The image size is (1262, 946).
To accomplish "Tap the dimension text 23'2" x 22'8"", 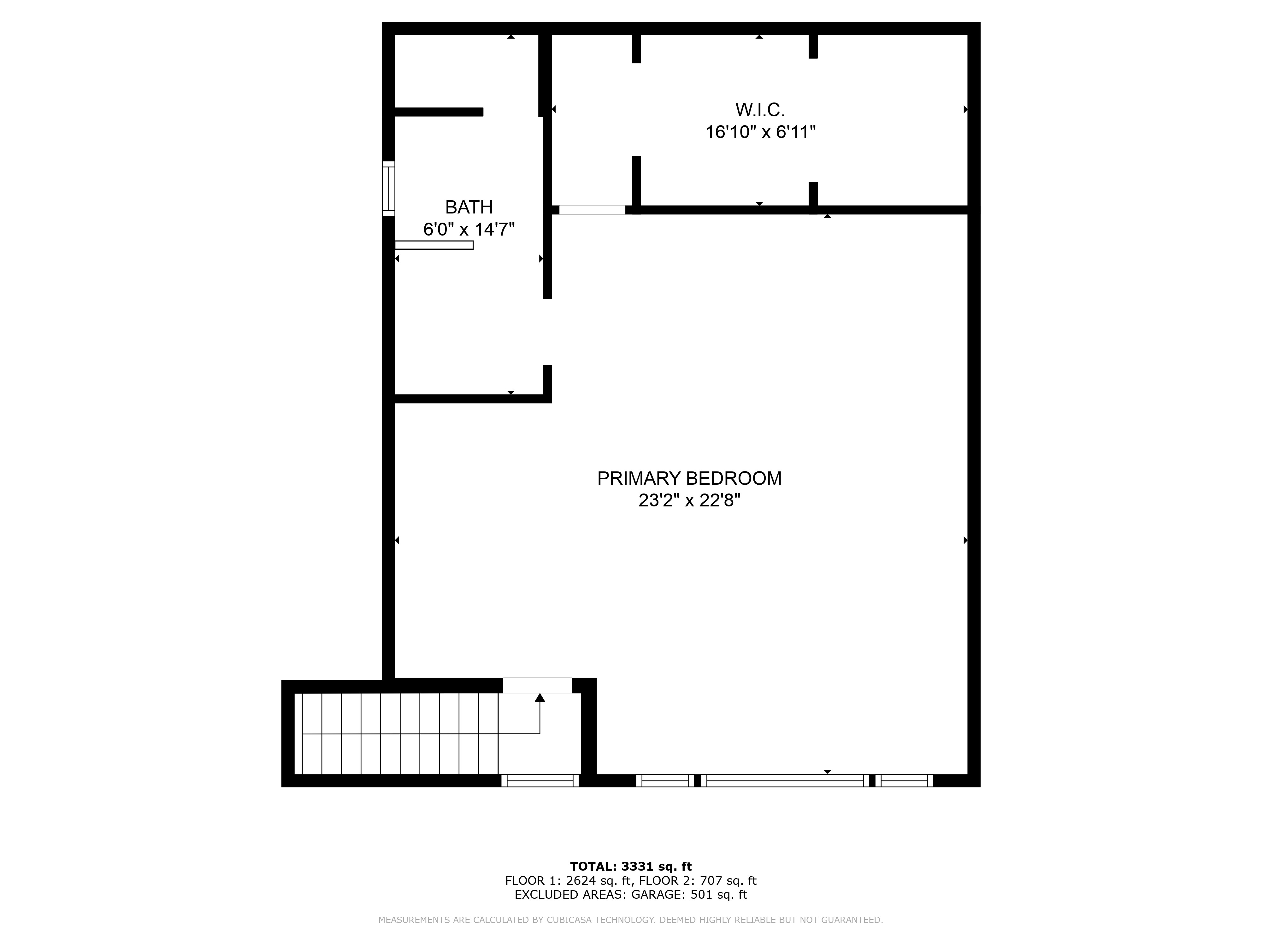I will [x=689, y=501].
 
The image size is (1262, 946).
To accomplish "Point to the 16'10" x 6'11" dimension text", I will [x=760, y=132].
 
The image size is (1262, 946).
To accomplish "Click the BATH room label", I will [x=469, y=207].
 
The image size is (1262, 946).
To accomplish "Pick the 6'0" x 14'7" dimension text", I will [x=469, y=229].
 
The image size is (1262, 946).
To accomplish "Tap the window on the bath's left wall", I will [x=388, y=189].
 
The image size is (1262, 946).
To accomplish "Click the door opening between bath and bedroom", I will [x=547, y=332].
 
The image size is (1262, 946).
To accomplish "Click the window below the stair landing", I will [x=540, y=781].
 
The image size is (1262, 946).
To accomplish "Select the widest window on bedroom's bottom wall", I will [x=784, y=781].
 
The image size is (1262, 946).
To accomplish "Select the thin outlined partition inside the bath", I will [x=434, y=245].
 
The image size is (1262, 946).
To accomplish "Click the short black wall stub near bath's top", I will [x=439, y=112].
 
